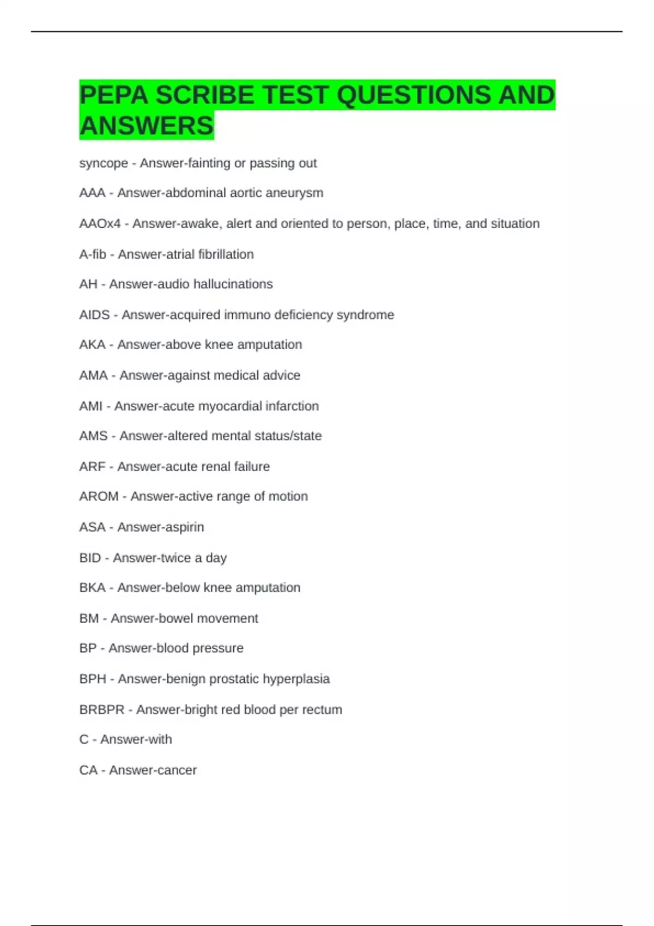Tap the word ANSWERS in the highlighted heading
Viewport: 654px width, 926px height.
147,126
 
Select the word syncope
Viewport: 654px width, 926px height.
104,163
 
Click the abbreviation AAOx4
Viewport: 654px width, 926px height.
100,224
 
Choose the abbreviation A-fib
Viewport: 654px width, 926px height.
93,254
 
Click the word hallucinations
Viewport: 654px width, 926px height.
236,284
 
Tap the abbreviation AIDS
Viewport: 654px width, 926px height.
94,315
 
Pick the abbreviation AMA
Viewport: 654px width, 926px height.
93,375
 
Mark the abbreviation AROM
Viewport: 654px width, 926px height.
99,496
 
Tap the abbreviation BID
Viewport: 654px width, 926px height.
90,558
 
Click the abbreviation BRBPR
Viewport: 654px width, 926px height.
102,710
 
